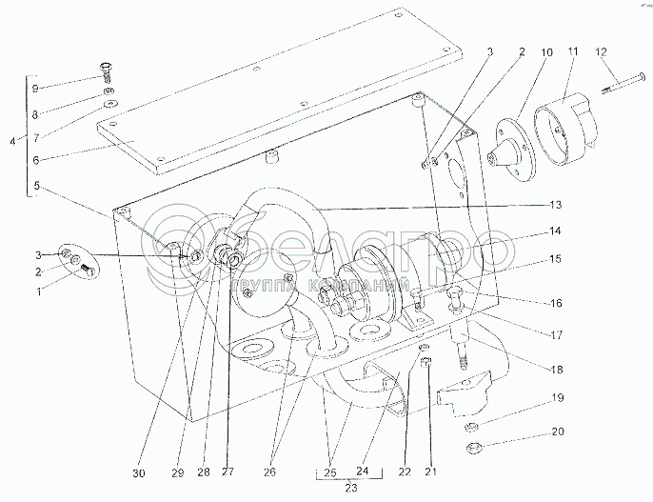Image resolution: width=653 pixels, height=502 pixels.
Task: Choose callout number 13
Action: (x=555, y=205)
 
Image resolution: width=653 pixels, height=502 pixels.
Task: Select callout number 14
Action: (x=555, y=231)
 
